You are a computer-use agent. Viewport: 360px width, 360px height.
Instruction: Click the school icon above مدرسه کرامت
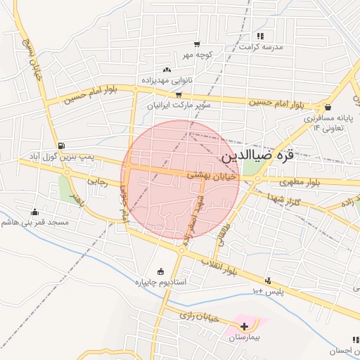click(x=260, y=36)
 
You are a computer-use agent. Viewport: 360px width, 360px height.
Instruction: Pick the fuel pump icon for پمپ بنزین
click(x=62, y=146)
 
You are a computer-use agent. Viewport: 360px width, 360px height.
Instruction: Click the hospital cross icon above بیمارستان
click(x=244, y=326)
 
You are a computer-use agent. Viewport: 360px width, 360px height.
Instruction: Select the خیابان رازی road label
click(x=200, y=317)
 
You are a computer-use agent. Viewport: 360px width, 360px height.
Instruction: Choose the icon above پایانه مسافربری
click(x=328, y=107)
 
